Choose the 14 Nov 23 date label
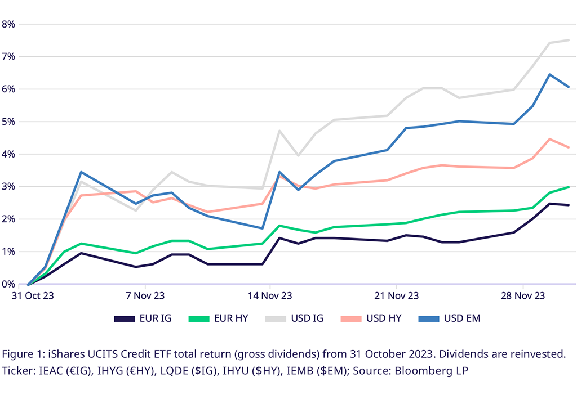[270, 295]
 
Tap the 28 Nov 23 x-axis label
[523, 295]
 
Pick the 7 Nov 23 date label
[146, 295]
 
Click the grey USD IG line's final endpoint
[569, 40]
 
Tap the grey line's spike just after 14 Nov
[279, 131]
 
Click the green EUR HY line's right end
[569, 187]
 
